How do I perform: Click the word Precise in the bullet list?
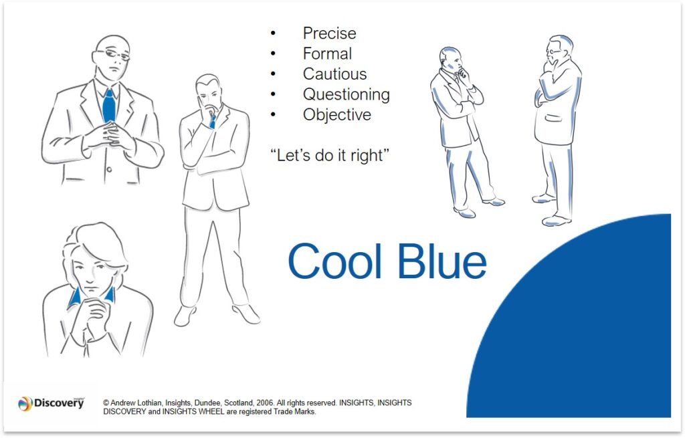(x=329, y=33)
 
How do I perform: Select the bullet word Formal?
(x=327, y=53)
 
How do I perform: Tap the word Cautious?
(x=334, y=74)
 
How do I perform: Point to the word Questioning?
(x=346, y=94)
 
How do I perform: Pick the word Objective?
(x=336, y=114)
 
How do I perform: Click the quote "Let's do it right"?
(x=330, y=155)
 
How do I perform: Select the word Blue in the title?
(x=442, y=261)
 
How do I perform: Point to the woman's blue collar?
(x=74, y=296)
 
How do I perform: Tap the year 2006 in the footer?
(x=261, y=403)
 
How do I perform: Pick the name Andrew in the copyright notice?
(x=124, y=403)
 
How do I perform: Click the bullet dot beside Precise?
(x=273, y=33)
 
